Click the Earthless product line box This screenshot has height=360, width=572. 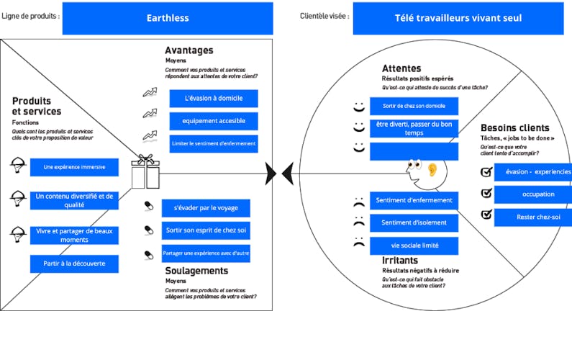coord(168,18)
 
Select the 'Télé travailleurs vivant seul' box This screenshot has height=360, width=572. coord(458,18)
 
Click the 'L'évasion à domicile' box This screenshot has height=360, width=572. coord(214,99)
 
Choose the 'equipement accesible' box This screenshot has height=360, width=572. coord(214,121)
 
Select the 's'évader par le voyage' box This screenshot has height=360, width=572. coord(206,208)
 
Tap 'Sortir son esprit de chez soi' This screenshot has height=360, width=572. coord(206,230)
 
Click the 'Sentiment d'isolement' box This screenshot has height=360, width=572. coord(414,222)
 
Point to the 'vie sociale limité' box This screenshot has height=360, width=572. coord(414,246)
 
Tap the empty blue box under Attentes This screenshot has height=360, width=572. coord(414,151)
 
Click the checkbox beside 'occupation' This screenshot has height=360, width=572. coord(486,193)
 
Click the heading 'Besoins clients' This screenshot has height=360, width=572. coord(514,127)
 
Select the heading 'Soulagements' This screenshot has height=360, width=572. coord(196,271)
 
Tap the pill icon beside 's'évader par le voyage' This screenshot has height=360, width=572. coord(149,207)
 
